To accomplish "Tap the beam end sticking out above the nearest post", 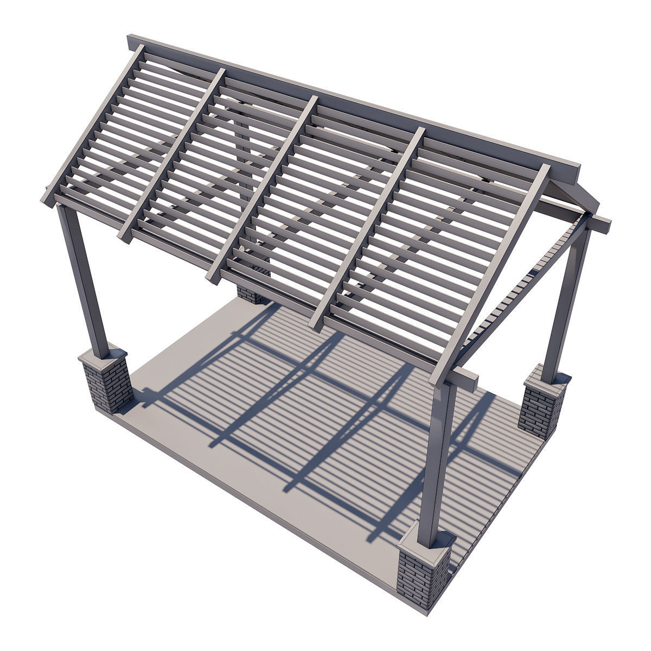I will [x=465, y=380].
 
